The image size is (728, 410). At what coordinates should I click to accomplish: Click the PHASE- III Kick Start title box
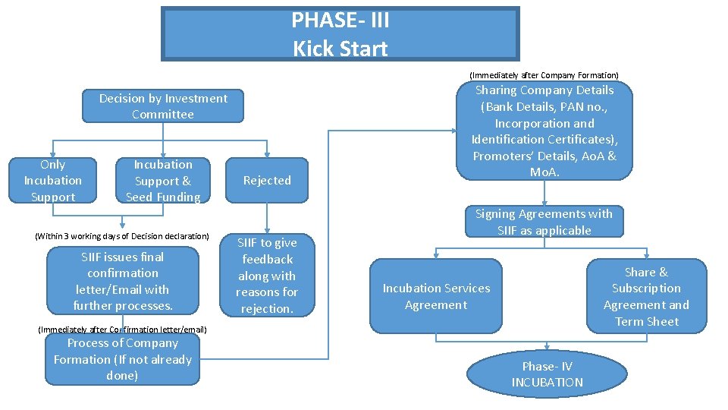340,34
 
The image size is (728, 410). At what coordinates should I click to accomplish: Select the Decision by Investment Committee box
163,106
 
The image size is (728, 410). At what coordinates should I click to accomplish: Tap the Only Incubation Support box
52,181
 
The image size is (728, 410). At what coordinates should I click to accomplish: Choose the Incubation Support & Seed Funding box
163,181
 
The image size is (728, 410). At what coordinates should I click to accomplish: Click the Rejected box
267,181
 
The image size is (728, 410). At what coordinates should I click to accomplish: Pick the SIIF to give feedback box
267,275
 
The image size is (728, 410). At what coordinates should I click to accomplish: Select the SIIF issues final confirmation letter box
123,281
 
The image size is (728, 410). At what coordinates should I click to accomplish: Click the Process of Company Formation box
123,359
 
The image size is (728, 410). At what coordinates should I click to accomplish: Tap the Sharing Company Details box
544,131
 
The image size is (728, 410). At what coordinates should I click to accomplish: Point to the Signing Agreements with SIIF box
544,222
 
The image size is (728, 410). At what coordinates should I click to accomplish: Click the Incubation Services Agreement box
436,296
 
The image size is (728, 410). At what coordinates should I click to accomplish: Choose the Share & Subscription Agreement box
646,296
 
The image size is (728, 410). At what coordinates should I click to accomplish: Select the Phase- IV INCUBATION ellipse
547,374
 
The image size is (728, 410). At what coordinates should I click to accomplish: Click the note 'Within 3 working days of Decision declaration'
122,236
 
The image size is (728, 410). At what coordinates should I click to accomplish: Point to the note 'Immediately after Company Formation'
544,75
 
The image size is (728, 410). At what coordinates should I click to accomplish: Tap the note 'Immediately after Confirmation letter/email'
122,330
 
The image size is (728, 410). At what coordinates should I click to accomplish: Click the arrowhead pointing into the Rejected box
267,153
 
